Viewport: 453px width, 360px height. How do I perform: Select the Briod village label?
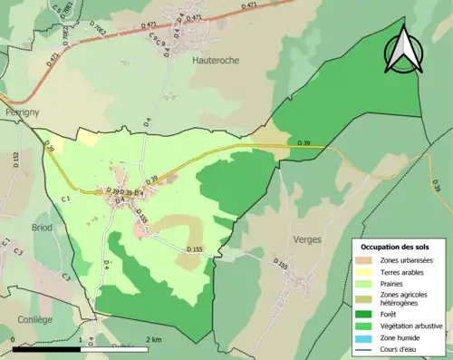click(42, 228)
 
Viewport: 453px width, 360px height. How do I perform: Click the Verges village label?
click(307, 240)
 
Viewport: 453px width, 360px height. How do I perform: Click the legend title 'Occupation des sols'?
click(395, 247)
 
